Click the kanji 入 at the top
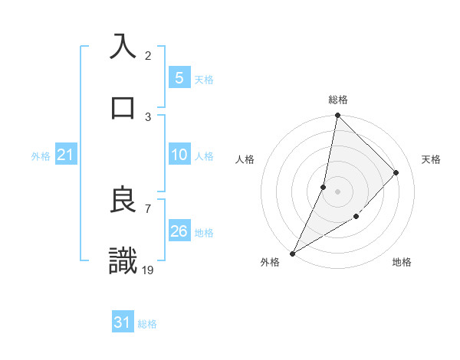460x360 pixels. tap(123, 46)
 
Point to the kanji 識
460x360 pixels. tap(123, 261)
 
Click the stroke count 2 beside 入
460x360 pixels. tap(148, 55)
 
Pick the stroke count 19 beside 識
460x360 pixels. tap(149, 269)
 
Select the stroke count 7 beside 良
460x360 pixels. tap(148, 208)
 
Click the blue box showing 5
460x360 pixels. tap(179, 77)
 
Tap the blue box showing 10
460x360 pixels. tap(179, 155)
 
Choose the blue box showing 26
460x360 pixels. tap(179, 231)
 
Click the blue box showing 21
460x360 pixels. tap(66, 155)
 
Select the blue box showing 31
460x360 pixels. tap(123, 322)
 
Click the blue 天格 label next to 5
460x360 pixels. tap(204, 79)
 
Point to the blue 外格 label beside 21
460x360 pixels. tap(41, 156)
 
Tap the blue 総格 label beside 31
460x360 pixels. tap(147, 324)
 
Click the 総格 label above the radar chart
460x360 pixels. tap(337, 100)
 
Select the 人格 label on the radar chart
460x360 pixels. tap(245, 159)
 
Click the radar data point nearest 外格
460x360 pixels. tap(292, 253)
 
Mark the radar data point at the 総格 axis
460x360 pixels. tap(337, 115)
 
